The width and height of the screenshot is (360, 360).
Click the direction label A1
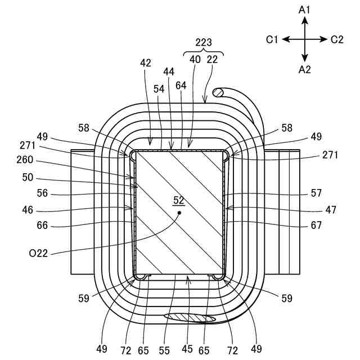pos(304,10)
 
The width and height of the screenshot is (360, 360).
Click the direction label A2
pos(304,70)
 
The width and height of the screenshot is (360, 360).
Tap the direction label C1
pos(273,39)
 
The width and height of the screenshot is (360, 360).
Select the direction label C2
pos(337,39)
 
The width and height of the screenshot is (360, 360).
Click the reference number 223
pos(204,42)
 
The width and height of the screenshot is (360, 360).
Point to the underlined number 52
pos(179,200)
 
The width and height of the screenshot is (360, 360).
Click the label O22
pos(38,254)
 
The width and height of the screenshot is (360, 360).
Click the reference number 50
pos(28,178)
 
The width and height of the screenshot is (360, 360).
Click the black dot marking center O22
pos(179,213)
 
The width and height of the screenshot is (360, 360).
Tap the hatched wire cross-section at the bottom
pos(190,318)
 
